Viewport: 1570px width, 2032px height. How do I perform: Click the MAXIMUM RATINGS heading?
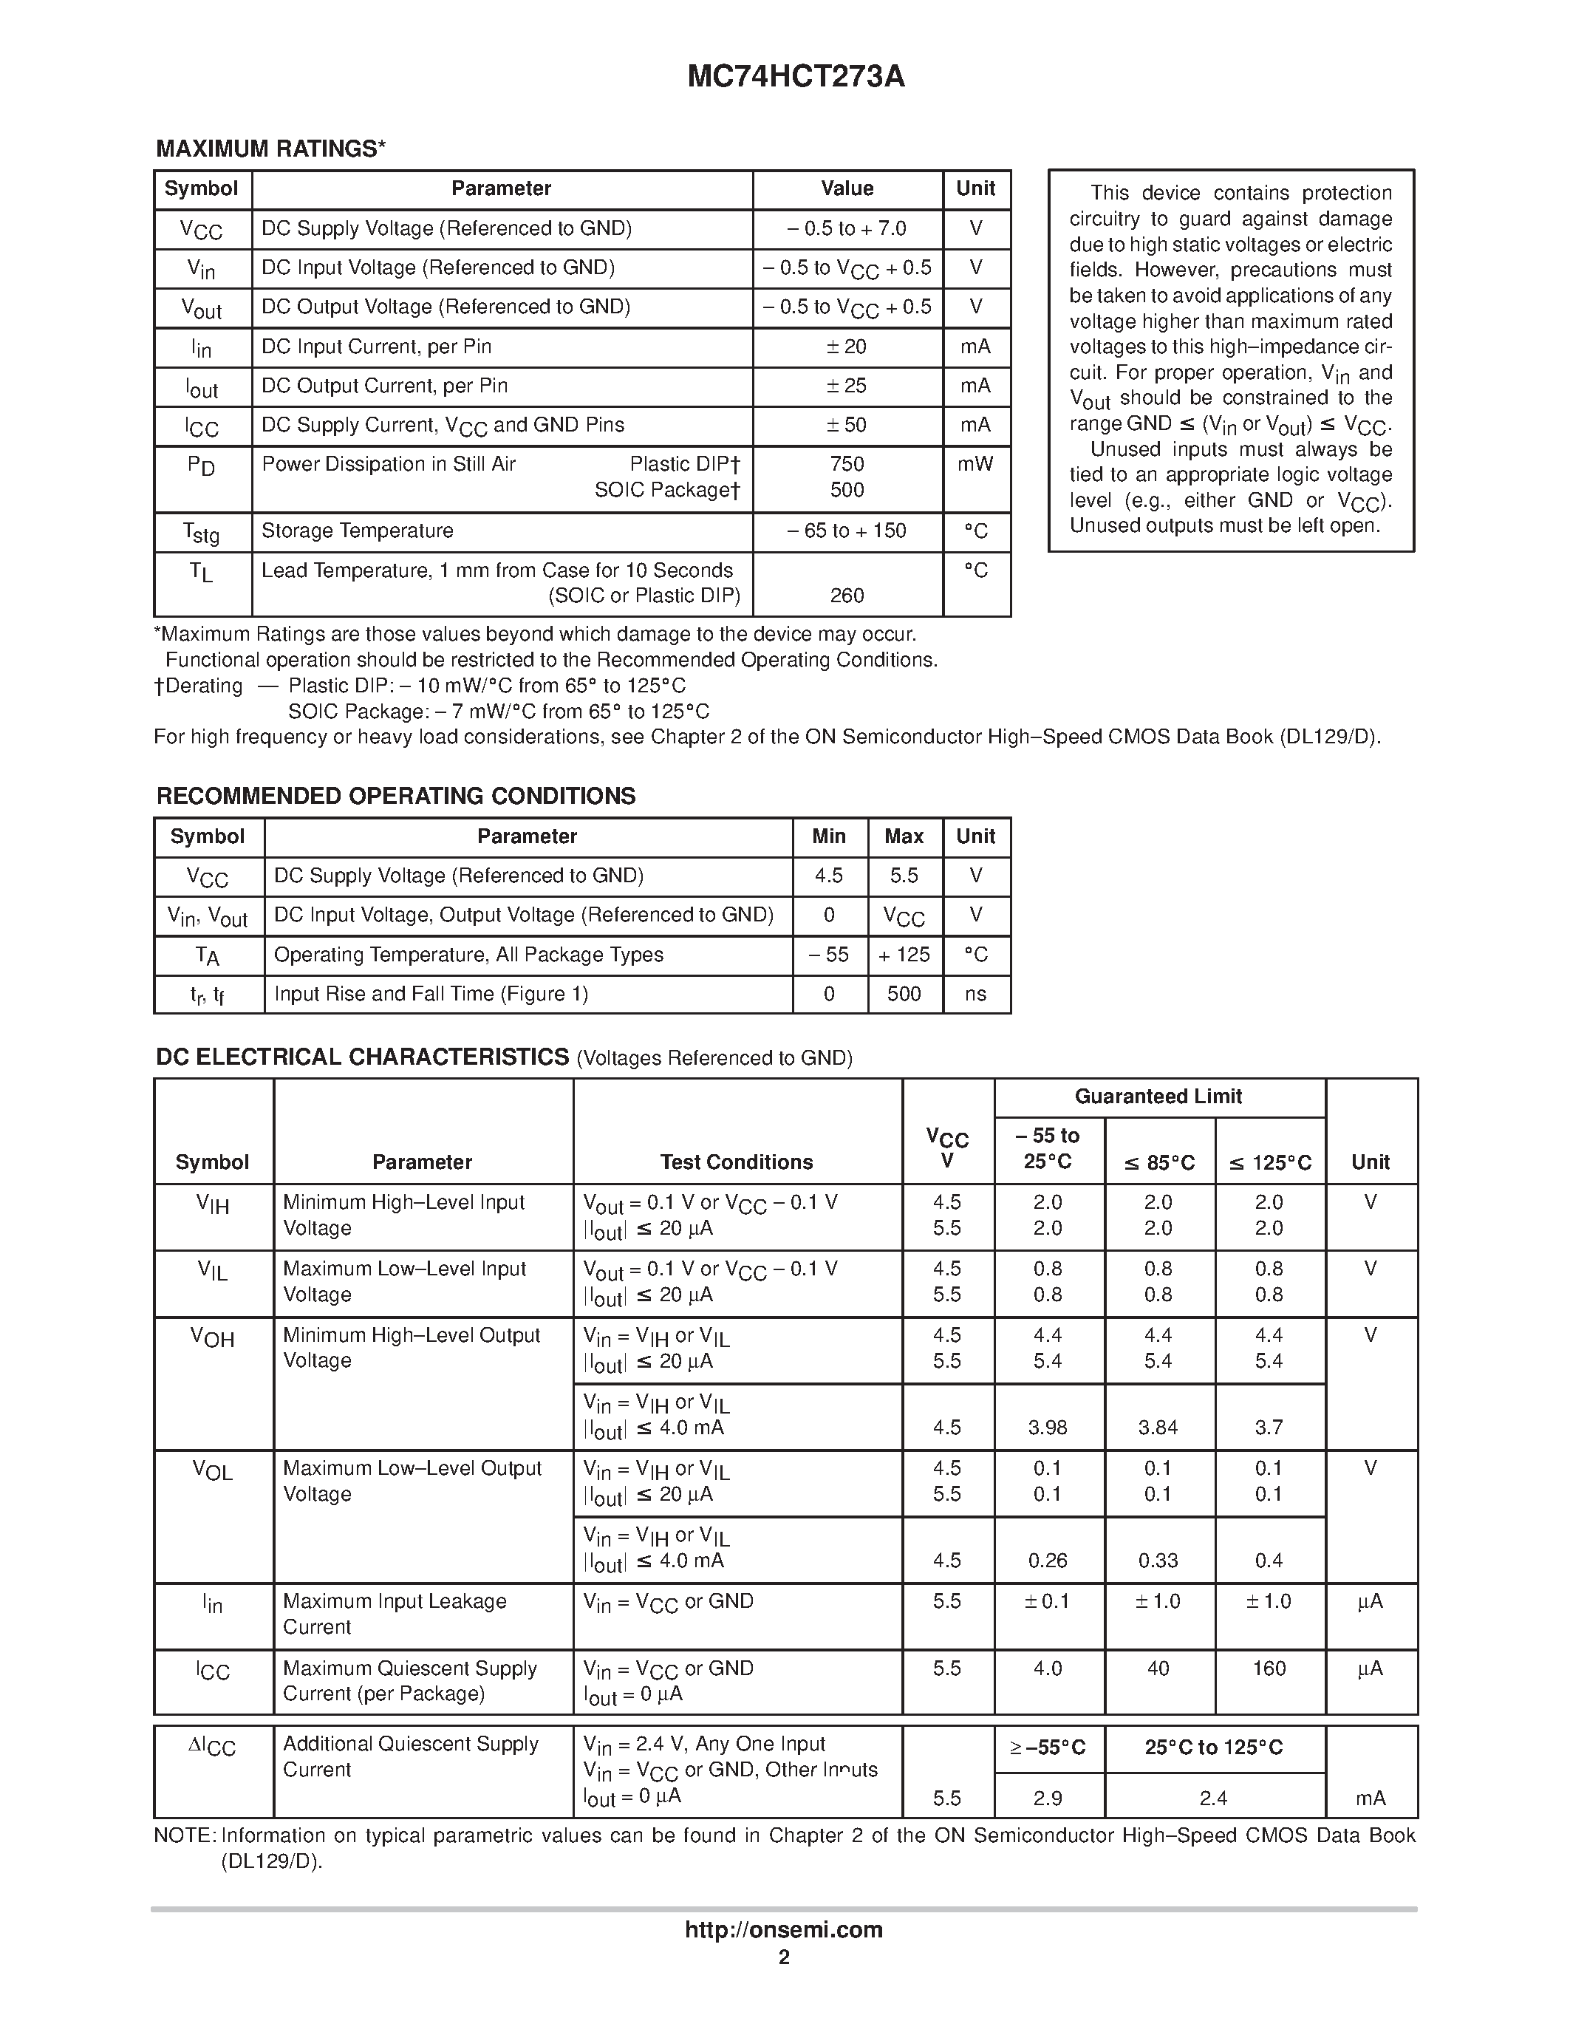click(x=270, y=149)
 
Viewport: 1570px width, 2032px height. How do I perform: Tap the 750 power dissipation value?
click(x=847, y=464)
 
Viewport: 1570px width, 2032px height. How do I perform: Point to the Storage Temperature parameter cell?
click(x=357, y=531)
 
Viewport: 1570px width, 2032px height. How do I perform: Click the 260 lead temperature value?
click(x=847, y=596)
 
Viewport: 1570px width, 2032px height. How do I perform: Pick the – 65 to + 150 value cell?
click(x=847, y=531)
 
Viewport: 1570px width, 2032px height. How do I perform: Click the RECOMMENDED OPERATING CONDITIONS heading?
click(x=396, y=797)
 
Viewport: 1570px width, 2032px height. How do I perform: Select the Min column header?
click(x=829, y=836)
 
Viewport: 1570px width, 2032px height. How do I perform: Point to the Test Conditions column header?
click(x=737, y=1162)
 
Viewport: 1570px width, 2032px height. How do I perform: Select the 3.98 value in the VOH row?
click(x=1048, y=1428)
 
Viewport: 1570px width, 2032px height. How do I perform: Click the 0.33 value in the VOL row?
click(x=1158, y=1561)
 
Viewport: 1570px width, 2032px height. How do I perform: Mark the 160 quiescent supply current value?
click(x=1269, y=1668)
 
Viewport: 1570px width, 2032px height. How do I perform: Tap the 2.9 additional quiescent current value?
click(x=1048, y=1799)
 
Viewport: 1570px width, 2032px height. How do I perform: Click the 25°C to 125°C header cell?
click(x=1214, y=1748)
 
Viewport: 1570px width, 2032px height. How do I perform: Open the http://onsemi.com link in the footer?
click(x=784, y=1929)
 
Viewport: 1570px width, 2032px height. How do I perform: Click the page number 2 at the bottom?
click(x=784, y=1957)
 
